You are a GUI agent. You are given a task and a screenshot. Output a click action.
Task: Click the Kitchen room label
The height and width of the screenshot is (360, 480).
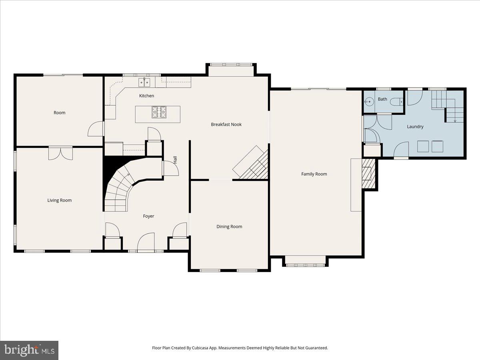(x=146, y=96)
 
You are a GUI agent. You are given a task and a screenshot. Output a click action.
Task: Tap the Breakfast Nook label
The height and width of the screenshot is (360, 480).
(x=226, y=124)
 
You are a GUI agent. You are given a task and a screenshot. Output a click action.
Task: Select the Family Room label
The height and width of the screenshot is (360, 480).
(x=314, y=174)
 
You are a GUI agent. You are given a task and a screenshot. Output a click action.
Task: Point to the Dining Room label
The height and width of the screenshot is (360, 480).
(x=229, y=226)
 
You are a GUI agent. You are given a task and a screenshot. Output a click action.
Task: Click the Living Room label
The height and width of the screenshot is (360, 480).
(x=60, y=200)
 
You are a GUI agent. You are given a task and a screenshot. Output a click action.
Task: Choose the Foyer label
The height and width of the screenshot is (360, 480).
(x=148, y=216)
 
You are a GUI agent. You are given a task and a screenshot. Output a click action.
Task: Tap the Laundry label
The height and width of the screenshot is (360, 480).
(x=415, y=127)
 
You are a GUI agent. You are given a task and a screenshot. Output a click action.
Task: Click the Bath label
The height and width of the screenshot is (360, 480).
(x=382, y=99)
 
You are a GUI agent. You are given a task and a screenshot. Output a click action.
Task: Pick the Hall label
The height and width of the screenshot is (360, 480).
(x=175, y=159)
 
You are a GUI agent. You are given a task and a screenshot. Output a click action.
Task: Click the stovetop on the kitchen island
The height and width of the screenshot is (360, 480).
(x=158, y=112)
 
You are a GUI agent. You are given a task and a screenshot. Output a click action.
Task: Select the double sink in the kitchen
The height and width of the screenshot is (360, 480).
(x=144, y=82)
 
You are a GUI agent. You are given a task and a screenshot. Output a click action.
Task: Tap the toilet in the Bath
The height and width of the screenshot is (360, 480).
(x=396, y=101)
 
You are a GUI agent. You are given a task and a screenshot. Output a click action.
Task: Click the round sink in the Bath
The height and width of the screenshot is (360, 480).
(x=368, y=102)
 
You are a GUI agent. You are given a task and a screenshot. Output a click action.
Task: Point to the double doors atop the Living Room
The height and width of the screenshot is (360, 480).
(x=60, y=153)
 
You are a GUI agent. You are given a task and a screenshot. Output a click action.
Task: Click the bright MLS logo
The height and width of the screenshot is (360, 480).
(x=29, y=350)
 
